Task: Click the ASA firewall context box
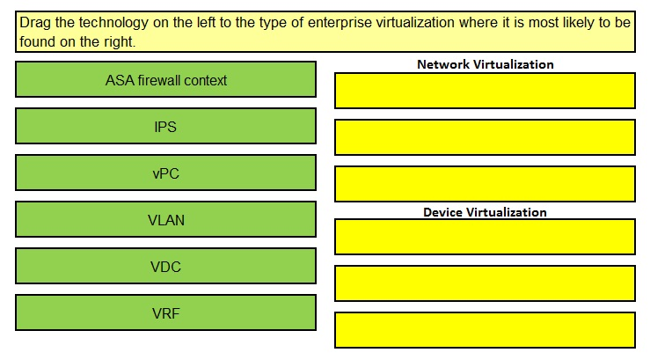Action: click(x=166, y=79)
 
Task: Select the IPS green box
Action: click(x=166, y=126)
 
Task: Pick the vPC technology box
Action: click(x=166, y=173)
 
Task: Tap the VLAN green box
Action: click(x=166, y=219)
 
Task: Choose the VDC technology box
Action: click(x=166, y=267)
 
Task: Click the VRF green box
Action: click(x=166, y=312)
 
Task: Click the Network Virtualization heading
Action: click(x=485, y=64)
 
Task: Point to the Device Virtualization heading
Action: click(x=485, y=212)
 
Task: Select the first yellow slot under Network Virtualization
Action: click(x=485, y=91)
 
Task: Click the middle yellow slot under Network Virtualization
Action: click(x=485, y=137)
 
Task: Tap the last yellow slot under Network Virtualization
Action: click(x=485, y=184)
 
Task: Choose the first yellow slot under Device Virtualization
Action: click(x=485, y=237)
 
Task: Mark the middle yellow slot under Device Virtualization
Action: click(x=485, y=283)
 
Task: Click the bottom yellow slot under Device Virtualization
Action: click(x=485, y=330)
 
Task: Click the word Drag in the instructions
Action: click(x=35, y=23)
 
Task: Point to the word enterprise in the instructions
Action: click(x=340, y=23)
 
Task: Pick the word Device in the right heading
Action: click(x=442, y=212)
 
